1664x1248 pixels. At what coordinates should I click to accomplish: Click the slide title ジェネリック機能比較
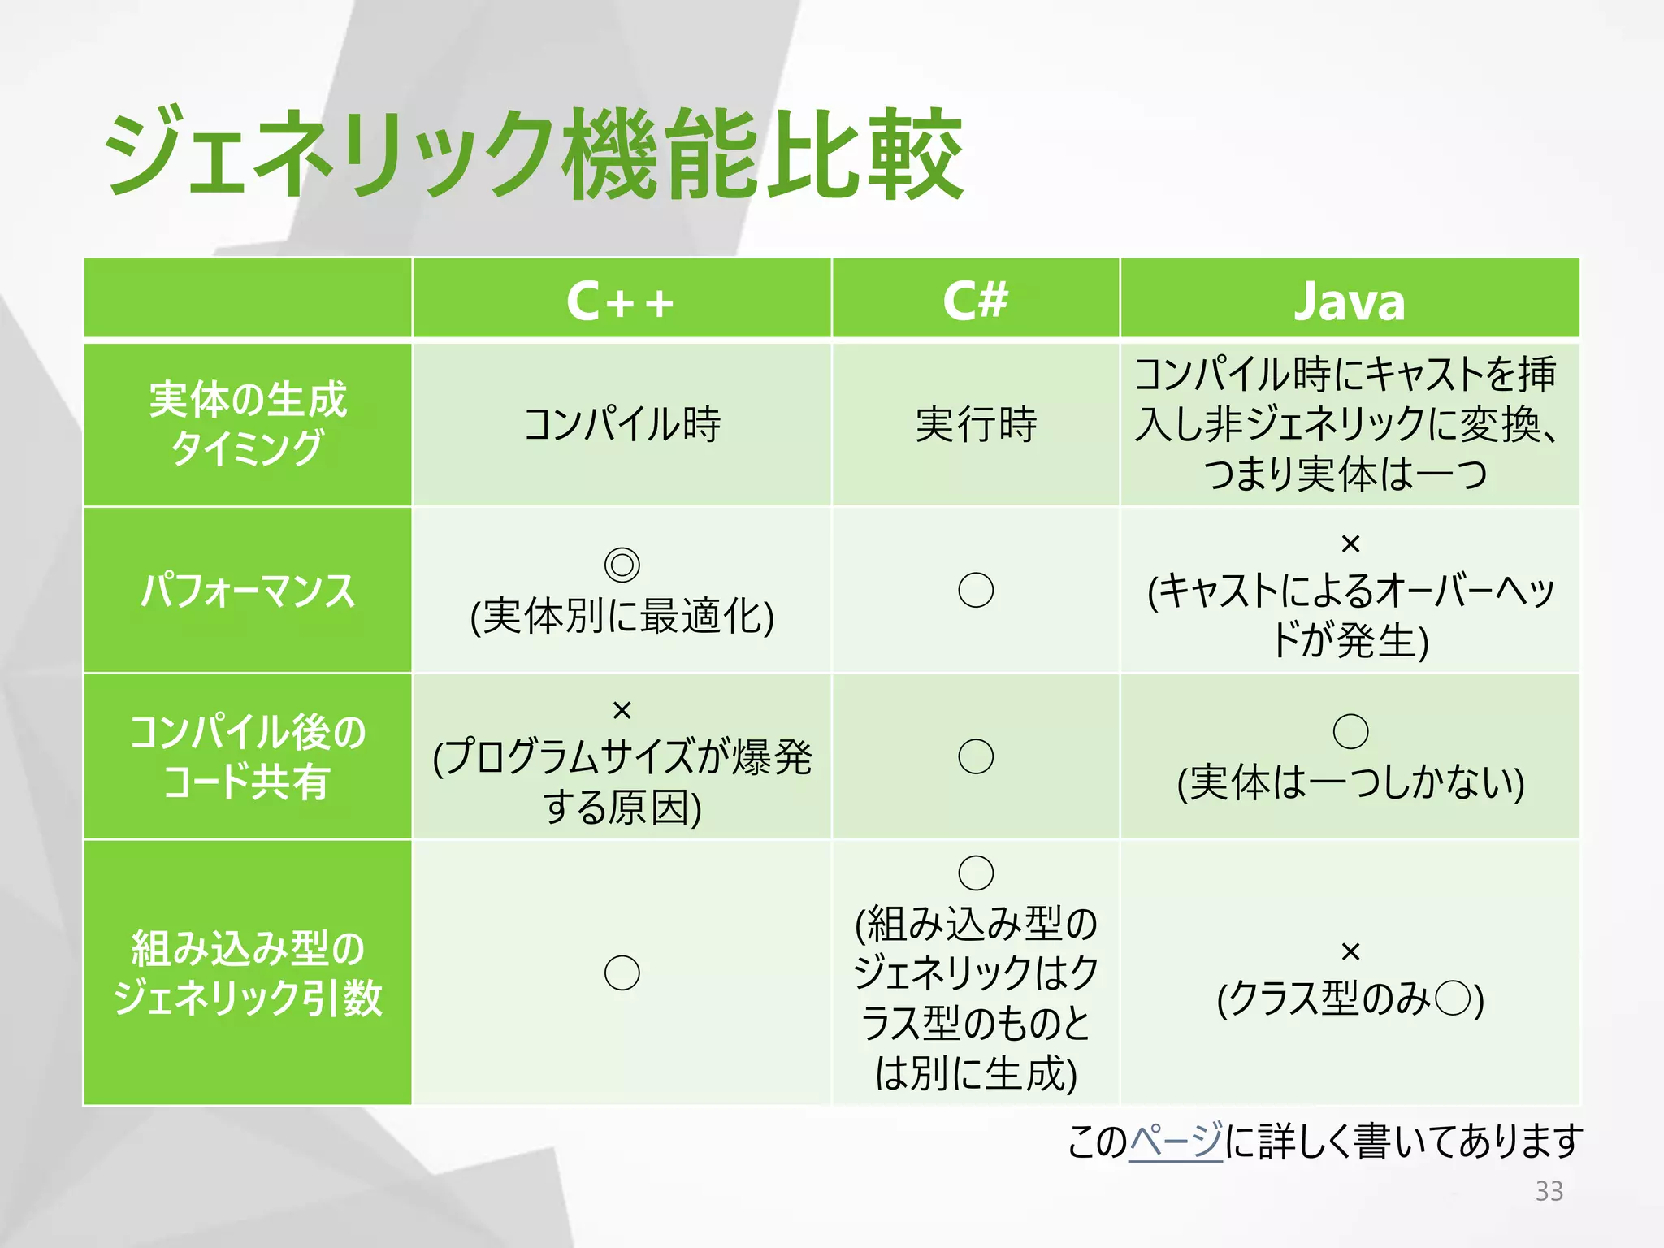[x=533, y=154]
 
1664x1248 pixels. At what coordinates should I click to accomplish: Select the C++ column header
[x=621, y=301]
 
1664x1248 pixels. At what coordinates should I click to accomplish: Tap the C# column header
[x=975, y=300]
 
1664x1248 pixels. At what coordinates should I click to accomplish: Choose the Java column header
[x=1349, y=301]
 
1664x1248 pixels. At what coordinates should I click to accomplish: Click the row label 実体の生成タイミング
[x=248, y=423]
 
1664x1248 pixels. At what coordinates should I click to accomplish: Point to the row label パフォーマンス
[x=248, y=591]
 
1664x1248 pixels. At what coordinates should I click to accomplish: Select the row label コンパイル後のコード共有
[x=248, y=756]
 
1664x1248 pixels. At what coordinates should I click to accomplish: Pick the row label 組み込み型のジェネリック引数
[x=248, y=973]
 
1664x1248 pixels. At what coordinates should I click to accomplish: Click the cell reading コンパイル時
[x=622, y=424]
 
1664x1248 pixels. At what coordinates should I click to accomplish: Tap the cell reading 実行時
[x=976, y=424]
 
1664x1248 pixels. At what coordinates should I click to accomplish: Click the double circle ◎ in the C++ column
[x=622, y=564]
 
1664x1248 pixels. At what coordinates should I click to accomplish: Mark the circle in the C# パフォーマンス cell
[x=976, y=590]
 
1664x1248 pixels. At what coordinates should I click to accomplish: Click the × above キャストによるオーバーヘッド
[x=1350, y=543]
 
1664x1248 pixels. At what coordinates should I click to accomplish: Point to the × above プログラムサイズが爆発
[x=622, y=710]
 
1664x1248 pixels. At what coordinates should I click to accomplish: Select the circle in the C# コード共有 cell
[x=976, y=756]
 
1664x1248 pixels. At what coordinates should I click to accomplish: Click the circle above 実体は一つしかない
[x=1350, y=731]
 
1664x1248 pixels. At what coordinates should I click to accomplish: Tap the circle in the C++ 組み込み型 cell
[x=622, y=973]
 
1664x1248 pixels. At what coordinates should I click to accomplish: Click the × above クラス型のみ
[x=1350, y=951]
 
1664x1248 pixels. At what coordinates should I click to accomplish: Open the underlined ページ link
[x=1175, y=1141]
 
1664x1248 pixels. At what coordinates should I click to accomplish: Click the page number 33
[x=1549, y=1191]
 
